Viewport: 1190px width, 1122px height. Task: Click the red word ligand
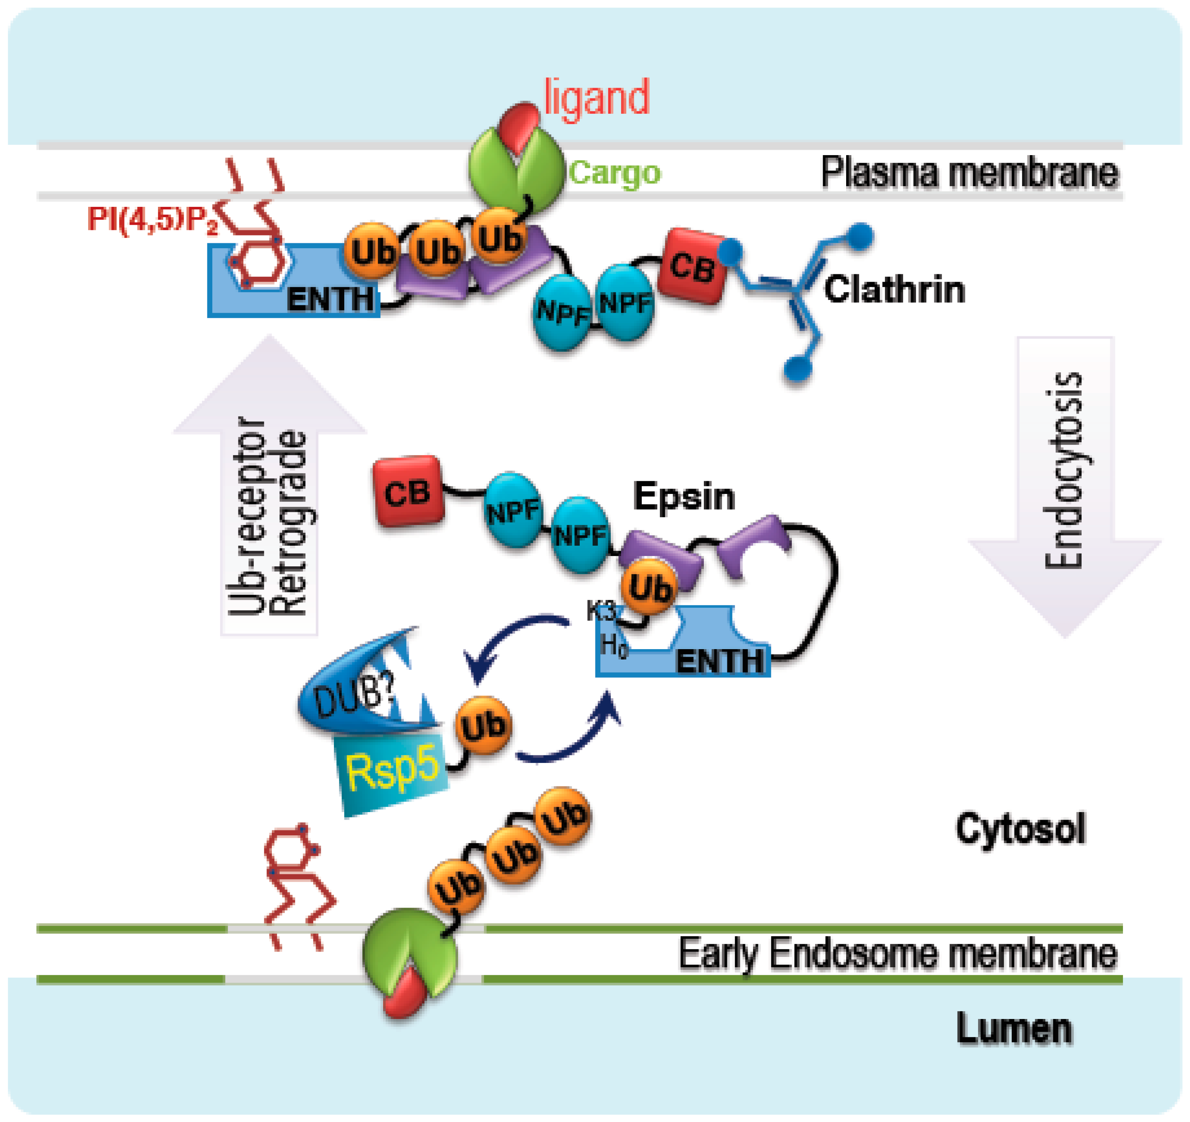[x=596, y=98]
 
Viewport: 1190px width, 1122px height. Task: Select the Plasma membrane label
[x=969, y=173]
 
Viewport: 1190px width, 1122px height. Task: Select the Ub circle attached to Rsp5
[x=483, y=726]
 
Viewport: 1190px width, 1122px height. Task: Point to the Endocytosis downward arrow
[x=1064, y=479]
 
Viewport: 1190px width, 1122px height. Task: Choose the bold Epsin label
[x=684, y=496]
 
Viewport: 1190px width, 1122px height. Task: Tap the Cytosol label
[x=1020, y=829]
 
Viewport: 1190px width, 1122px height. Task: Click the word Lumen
[x=1013, y=1028]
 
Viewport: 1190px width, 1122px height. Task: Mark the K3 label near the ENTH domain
[x=600, y=611]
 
